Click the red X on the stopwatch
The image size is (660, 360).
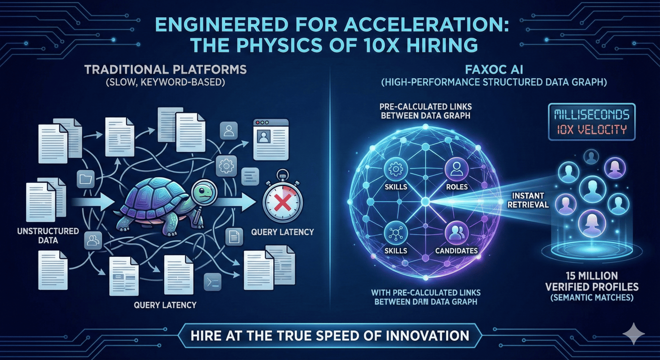point(283,203)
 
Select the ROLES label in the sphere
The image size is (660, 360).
point(457,187)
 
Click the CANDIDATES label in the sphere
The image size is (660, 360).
point(457,251)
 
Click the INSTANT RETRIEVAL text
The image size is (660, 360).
point(528,200)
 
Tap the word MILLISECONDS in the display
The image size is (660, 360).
point(592,114)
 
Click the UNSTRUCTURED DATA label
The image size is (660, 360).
point(48,236)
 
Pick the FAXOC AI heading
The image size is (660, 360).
point(494,69)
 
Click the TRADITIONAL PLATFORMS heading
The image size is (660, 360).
point(165,69)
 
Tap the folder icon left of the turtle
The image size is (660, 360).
point(86,179)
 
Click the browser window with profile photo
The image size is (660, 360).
point(271,140)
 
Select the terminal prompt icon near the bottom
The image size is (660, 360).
point(213,283)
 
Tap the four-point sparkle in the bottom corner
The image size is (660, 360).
point(633,333)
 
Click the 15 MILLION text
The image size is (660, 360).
point(592,276)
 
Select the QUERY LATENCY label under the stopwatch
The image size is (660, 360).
point(283,232)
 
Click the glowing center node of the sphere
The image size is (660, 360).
point(425,202)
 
